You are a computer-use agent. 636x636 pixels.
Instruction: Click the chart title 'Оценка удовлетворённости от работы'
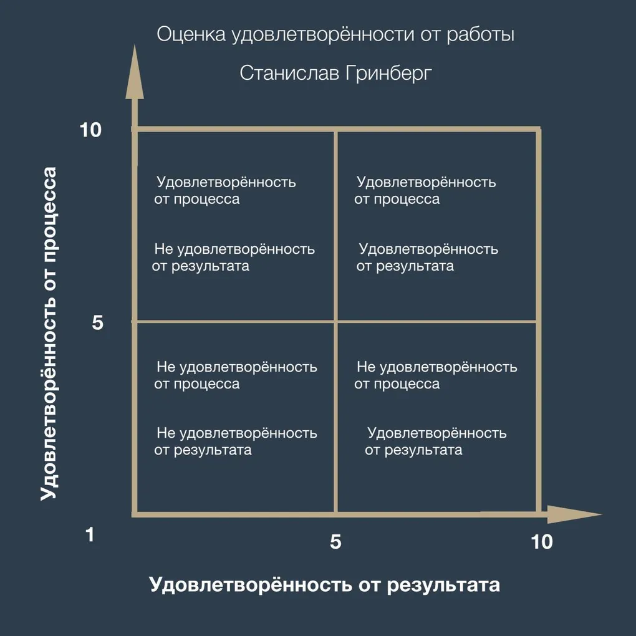[x=335, y=35]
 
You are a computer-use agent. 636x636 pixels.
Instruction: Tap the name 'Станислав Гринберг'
[x=335, y=74]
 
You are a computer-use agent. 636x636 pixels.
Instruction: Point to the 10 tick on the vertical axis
[x=90, y=130]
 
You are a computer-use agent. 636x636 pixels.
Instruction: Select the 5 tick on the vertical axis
[x=97, y=322]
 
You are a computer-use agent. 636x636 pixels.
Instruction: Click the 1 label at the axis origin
[x=90, y=534]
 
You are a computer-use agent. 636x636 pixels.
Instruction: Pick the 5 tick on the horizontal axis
[x=335, y=542]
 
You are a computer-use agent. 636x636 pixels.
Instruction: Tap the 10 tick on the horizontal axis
[x=542, y=542]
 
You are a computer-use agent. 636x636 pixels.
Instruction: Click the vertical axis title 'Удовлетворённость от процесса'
[x=49, y=334]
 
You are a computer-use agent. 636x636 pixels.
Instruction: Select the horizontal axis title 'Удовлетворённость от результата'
[x=324, y=585]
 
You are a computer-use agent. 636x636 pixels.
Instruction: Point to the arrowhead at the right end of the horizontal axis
[x=574, y=514]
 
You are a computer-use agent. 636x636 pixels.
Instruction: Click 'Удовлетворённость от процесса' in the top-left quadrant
[x=224, y=191]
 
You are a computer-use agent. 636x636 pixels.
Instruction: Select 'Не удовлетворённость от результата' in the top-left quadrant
[x=233, y=257]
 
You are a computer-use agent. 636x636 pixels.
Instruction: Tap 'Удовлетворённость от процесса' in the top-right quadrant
[x=425, y=191]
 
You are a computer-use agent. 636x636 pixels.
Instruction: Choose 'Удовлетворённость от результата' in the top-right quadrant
[x=427, y=257]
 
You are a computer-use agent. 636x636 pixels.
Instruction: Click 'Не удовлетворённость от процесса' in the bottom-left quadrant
[x=236, y=375]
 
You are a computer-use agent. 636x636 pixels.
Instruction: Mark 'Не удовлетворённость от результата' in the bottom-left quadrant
[x=236, y=441]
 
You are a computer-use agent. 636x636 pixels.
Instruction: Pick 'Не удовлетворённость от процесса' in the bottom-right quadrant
[x=436, y=375]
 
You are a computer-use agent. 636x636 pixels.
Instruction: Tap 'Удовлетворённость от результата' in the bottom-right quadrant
[x=436, y=441]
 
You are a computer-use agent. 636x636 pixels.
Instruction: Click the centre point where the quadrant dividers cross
[x=336, y=322]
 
